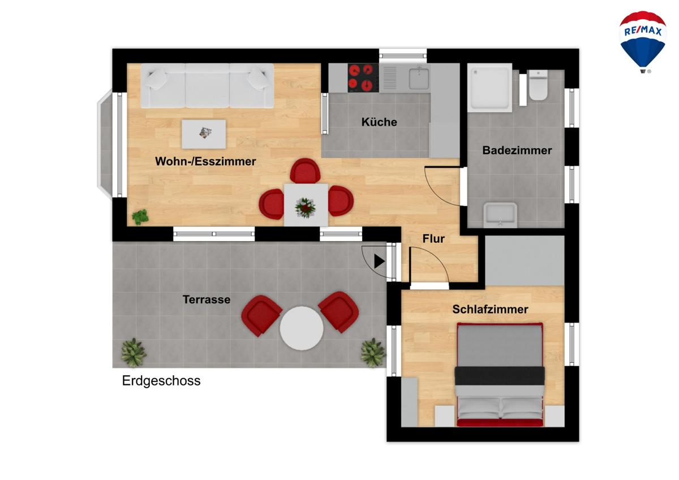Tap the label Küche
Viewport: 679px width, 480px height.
(379, 122)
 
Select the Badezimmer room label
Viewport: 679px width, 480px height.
(517, 151)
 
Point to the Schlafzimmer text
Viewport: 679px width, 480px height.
(490, 309)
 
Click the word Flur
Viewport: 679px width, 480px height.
(433, 239)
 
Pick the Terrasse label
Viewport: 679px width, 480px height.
(207, 299)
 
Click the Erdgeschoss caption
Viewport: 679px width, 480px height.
(161, 381)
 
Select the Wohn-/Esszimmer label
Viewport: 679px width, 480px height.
(205, 161)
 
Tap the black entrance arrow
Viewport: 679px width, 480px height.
(379, 261)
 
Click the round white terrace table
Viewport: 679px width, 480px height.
(301, 328)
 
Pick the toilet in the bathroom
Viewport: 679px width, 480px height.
(538, 85)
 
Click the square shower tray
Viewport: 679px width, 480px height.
(489, 87)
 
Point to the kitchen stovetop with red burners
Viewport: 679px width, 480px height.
(363, 78)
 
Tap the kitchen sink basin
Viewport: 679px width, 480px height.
(419, 79)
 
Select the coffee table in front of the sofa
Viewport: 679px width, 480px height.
(204, 134)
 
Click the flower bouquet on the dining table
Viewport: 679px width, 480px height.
(305, 208)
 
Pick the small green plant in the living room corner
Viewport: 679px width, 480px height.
(140, 217)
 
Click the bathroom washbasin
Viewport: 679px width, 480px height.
(500, 215)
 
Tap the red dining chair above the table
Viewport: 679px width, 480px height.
(305, 172)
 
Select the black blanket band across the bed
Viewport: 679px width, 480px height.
(500, 376)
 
